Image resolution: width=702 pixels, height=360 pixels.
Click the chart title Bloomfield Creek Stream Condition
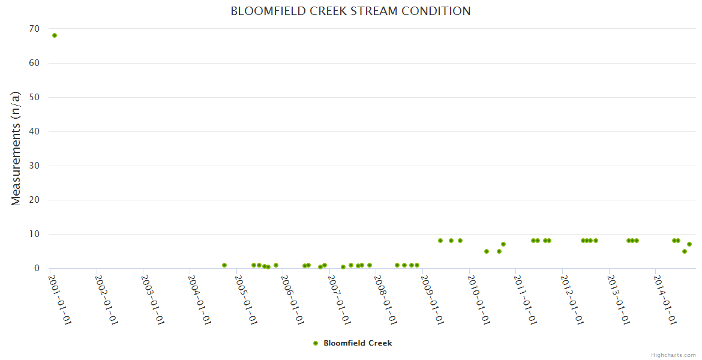click(x=350, y=11)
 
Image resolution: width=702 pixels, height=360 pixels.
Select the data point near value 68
click(x=55, y=35)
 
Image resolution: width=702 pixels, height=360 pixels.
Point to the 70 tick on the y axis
click(x=34, y=29)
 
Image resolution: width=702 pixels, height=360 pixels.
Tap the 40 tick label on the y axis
click(x=34, y=131)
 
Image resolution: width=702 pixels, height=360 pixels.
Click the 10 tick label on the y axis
click(x=34, y=234)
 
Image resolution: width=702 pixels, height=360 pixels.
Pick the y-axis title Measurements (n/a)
click(x=16, y=148)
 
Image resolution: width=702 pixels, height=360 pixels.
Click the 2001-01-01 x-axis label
click(x=60, y=299)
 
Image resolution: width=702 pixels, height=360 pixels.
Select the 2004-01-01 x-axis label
click(x=200, y=299)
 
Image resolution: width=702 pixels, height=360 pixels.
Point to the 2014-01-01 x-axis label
click(x=665, y=299)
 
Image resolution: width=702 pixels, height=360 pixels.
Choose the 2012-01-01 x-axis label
click(x=572, y=299)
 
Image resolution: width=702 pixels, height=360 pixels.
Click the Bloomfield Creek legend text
click(x=358, y=343)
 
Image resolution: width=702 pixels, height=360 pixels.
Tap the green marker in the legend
click(x=316, y=343)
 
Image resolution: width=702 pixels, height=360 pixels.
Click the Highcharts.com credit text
click(x=673, y=355)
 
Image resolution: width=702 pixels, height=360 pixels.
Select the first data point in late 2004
click(x=224, y=265)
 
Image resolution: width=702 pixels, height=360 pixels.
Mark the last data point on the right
click(x=689, y=244)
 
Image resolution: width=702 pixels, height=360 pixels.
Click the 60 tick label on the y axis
click(x=34, y=63)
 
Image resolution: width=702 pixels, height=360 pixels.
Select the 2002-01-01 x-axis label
click(x=107, y=299)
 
